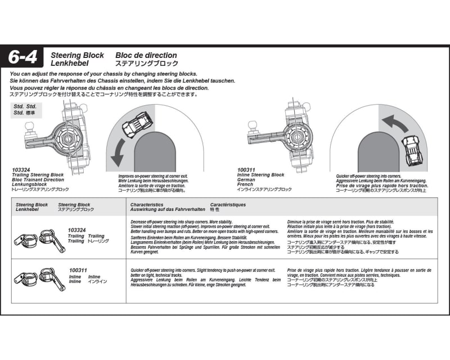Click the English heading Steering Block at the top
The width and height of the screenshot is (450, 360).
point(77,56)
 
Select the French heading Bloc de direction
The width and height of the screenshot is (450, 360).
point(146,56)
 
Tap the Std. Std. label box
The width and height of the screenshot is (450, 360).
point(27,109)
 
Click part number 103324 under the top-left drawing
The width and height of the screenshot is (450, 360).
point(21,169)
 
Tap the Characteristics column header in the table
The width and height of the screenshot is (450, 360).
point(147,205)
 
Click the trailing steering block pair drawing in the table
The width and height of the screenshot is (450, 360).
point(39,239)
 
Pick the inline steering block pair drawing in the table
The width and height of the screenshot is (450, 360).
point(39,278)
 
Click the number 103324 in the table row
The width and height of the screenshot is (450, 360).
point(76,230)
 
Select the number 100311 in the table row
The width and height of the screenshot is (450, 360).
point(78,271)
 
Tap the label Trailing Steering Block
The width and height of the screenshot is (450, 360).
point(38,175)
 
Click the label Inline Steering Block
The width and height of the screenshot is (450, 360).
point(261,175)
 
